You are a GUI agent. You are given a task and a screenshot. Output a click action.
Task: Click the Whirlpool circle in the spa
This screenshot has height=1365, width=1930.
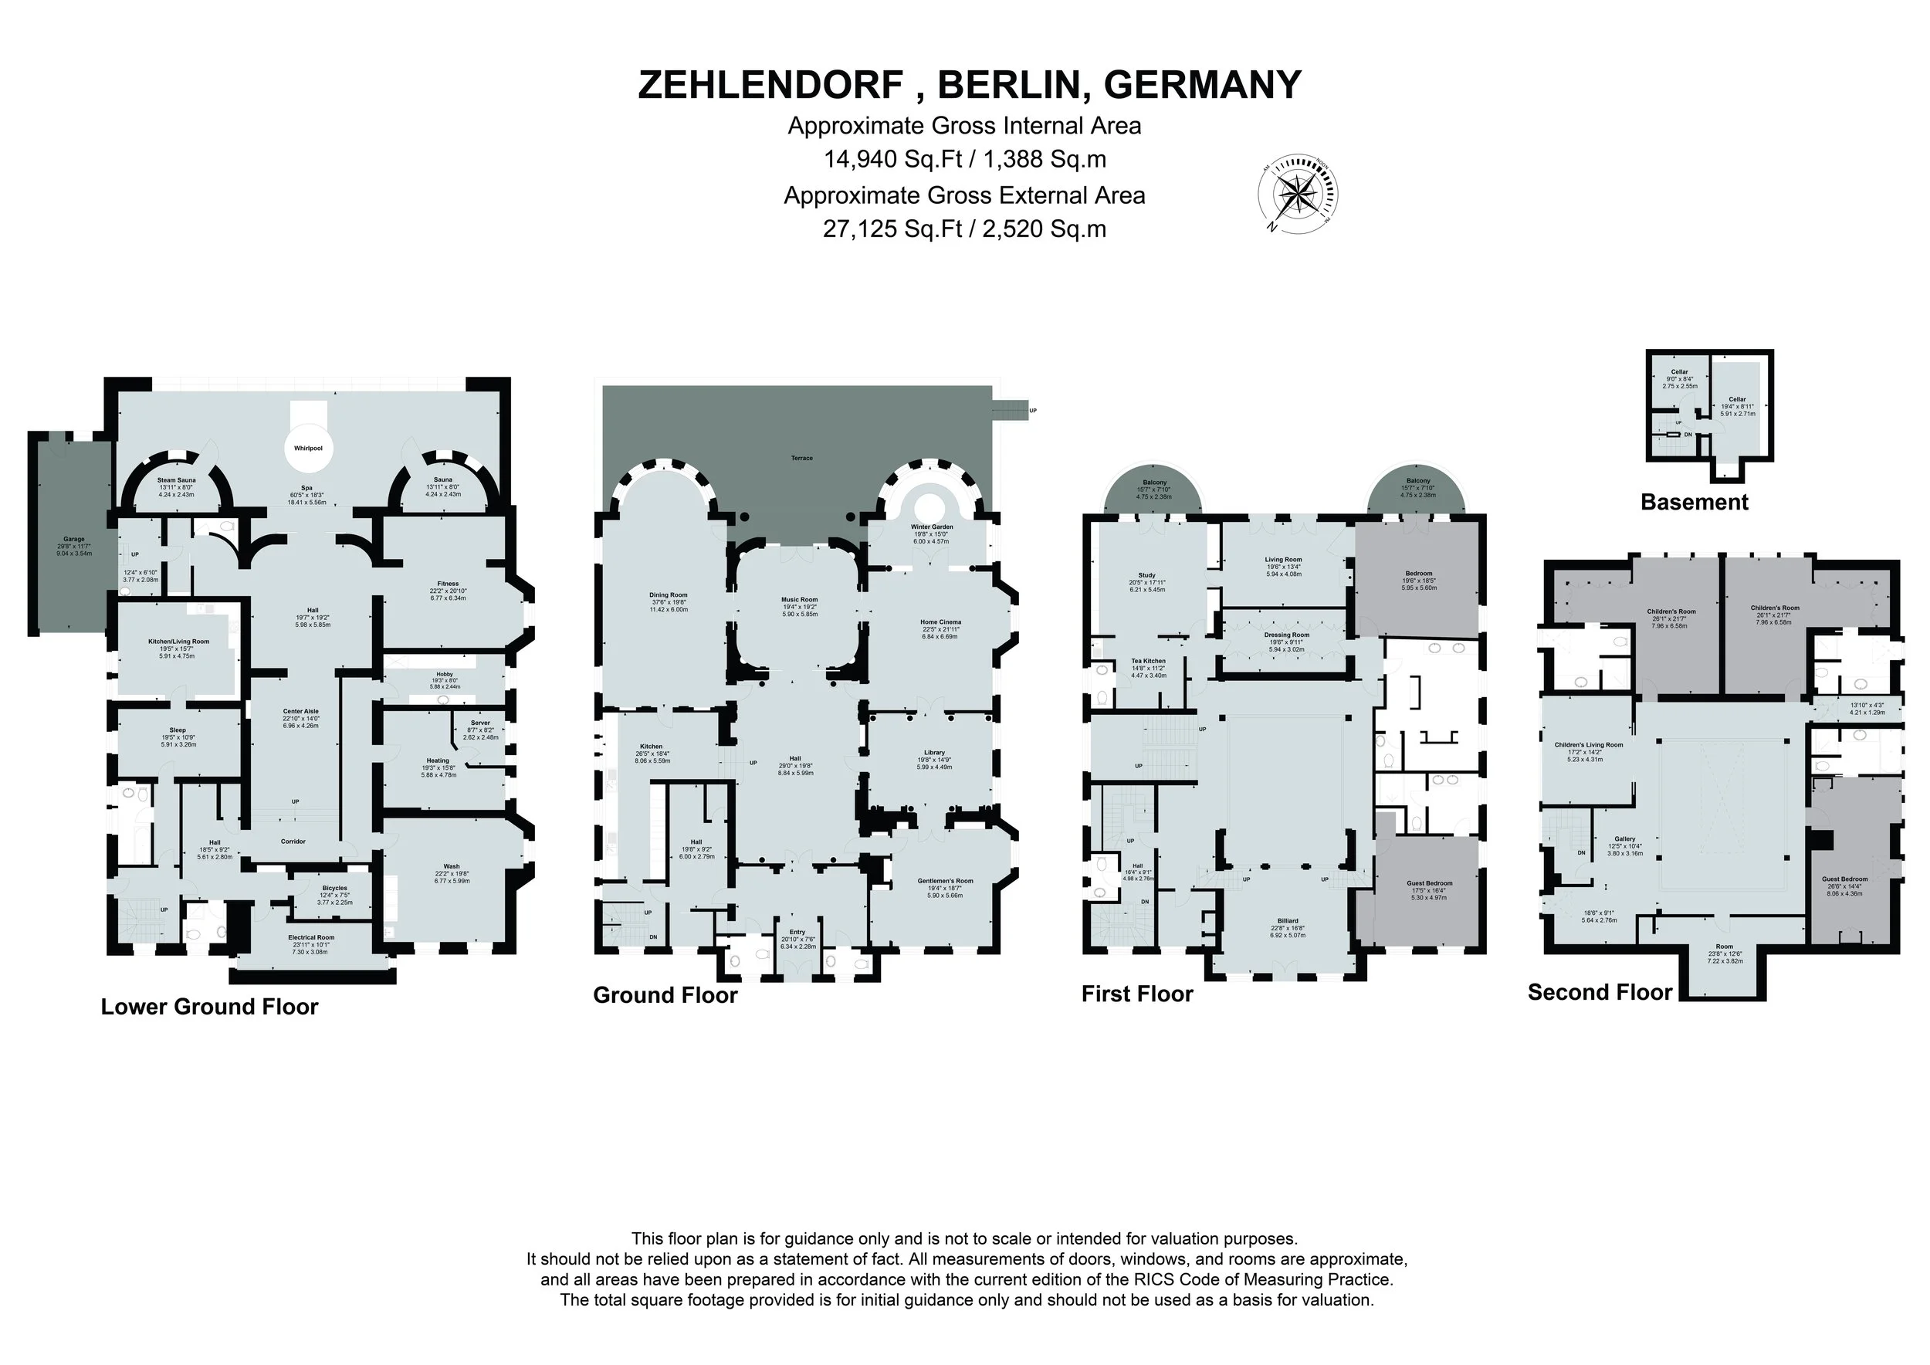308,448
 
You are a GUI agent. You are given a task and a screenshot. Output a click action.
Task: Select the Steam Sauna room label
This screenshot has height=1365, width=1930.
176,480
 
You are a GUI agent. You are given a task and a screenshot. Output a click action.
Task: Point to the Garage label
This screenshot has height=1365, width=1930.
73,539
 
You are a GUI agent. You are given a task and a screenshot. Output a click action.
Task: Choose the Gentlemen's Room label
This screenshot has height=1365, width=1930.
945,881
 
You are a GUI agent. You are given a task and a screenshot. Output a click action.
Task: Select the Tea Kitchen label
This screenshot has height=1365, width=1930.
1148,662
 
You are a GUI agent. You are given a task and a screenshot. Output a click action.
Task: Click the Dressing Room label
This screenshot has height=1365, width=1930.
1287,635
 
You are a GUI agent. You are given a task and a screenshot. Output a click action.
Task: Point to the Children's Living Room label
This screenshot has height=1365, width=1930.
1589,745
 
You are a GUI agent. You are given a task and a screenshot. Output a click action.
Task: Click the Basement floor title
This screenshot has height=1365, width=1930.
1694,503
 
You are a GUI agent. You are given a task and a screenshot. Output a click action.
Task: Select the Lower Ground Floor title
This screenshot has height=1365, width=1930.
209,1007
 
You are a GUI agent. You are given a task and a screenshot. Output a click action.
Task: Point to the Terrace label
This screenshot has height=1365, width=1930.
801,458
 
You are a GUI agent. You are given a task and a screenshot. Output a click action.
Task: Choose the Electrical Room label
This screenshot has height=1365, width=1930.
311,937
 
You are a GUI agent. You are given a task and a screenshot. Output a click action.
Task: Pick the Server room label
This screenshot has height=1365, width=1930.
480,723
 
